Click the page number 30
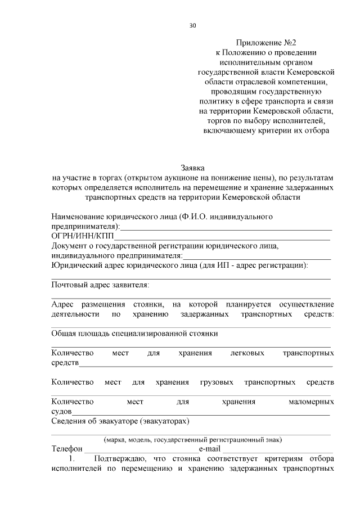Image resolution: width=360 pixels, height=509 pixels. point(192,26)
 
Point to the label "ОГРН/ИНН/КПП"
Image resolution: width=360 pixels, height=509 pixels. point(82,236)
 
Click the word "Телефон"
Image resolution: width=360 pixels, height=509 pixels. point(67,450)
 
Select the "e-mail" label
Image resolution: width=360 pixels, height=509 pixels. point(210,450)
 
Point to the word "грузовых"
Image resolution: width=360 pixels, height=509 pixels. point(217,382)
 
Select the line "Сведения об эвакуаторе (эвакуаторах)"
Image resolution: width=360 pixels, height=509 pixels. point(120,421)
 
